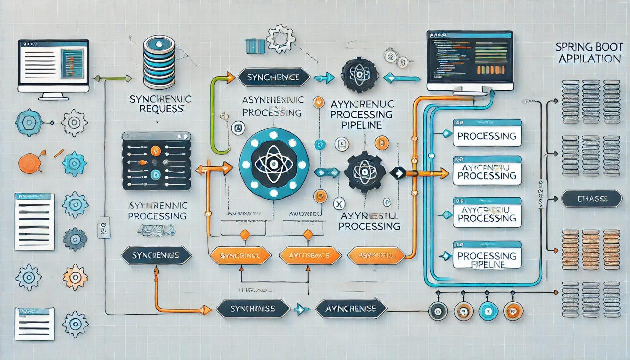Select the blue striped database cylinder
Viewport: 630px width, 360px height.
pos(159,62)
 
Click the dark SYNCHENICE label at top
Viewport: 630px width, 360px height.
pos(270,77)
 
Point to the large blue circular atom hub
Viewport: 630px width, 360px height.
pos(274,164)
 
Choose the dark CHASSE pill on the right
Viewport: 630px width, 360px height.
pos(592,199)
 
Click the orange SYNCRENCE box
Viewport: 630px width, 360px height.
pos(240,256)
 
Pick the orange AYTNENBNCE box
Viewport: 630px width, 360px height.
pos(310,256)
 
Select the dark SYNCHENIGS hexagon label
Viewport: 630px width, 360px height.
pos(156,255)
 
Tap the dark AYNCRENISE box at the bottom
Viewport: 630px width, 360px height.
pos(352,308)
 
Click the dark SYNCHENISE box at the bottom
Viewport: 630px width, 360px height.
pos(253,308)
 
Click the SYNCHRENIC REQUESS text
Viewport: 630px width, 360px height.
pos(160,104)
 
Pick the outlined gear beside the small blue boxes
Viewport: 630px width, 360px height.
pos(281,38)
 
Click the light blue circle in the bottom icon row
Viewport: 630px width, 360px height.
pos(488,311)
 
